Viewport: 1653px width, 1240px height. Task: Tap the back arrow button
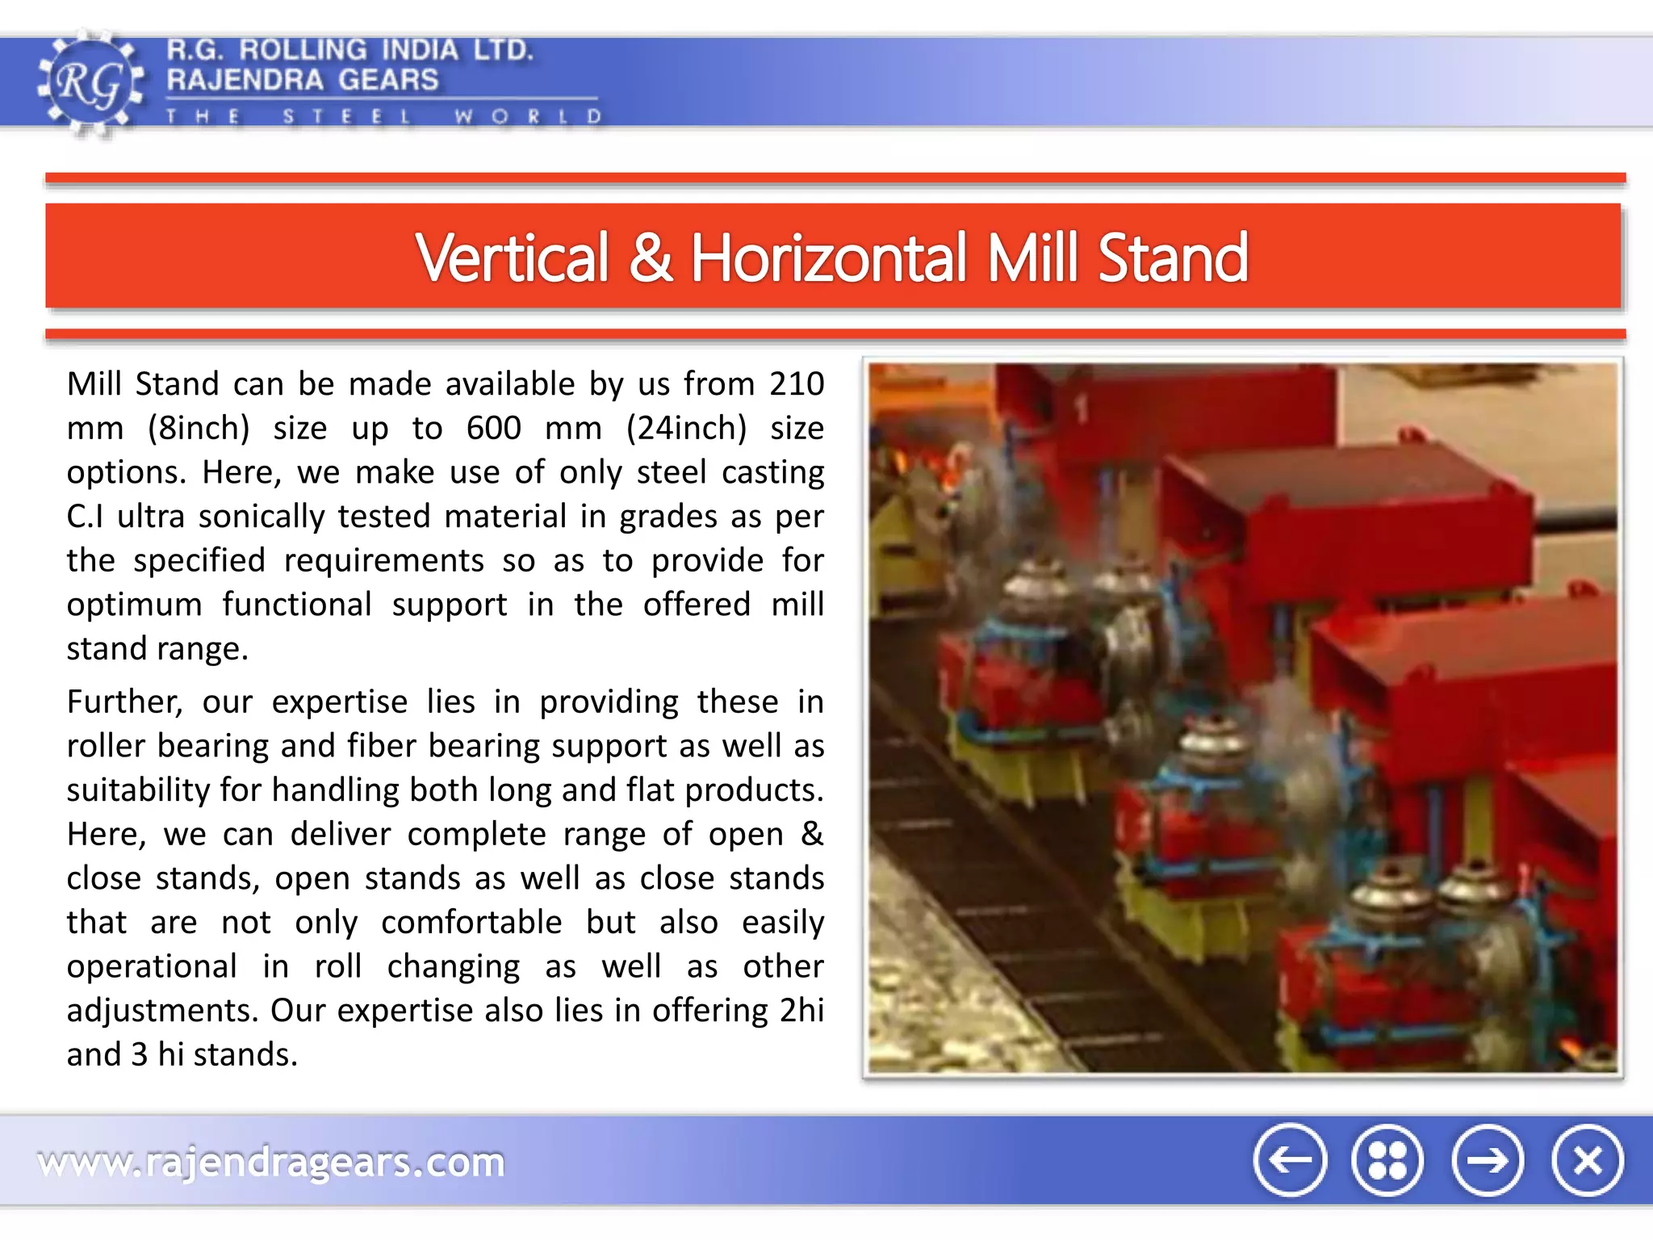coord(1289,1160)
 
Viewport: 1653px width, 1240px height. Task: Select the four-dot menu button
coord(1387,1160)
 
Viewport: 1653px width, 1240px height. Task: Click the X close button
coord(1587,1160)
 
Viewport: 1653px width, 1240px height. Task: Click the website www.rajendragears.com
coord(271,1162)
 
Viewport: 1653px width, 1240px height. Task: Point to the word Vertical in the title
coord(512,258)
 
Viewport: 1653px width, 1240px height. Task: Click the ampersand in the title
coord(650,258)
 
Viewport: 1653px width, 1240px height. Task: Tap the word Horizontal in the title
coord(828,258)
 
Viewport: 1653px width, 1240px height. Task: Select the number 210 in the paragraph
coord(796,384)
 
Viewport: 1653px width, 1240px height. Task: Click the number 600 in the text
coord(493,428)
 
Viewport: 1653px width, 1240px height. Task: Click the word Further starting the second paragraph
coord(124,702)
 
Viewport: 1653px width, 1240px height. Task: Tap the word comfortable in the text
coord(471,923)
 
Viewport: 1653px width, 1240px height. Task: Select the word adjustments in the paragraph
coord(162,1011)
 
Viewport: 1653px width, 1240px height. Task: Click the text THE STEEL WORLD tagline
coord(383,117)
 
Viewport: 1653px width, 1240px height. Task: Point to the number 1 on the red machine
coord(1081,409)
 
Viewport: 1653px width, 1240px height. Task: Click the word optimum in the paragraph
coord(134,605)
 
